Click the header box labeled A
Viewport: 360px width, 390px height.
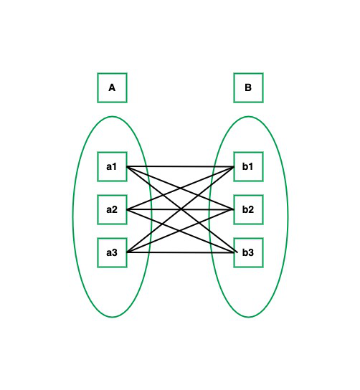(112, 87)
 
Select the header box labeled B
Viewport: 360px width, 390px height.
(248, 87)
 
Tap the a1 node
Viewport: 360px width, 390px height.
(112, 166)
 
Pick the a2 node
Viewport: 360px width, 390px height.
(112, 209)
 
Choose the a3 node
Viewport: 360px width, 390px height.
(112, 252)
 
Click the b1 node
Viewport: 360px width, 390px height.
(248, 166)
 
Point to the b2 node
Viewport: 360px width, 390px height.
(248, 209)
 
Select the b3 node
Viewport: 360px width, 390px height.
(248, 252)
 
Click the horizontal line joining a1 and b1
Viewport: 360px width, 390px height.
(181, 166)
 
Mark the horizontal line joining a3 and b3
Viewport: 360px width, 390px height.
(181, 252)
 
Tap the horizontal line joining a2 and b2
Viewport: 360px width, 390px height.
(181, 209)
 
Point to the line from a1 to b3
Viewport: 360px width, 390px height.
(181, 209)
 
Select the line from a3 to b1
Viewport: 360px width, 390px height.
(181, 209)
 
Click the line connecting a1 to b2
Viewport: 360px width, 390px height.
(181, 188)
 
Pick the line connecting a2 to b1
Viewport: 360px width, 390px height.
(181, 188)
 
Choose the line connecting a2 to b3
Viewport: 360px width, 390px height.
(181, 231)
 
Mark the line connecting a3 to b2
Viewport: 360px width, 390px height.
(181, 231)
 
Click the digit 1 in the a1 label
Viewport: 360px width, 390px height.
(115, 166)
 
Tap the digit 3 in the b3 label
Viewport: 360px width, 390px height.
(251, 252)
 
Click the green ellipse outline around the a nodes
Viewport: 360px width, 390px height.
(73, 217)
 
